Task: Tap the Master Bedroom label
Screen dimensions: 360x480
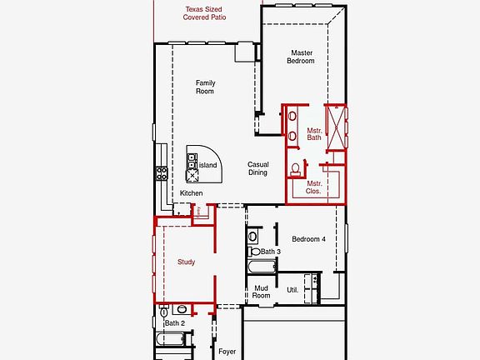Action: coord(302,57)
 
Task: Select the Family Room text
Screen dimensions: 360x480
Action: coord(205,87)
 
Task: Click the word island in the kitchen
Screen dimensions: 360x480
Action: coord(208,165)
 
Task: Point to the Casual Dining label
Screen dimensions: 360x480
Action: coord(257,168)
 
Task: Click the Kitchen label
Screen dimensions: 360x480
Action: coord(191,193)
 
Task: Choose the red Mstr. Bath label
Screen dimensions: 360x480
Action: coord(314,134)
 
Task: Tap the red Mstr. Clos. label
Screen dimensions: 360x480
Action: coord(314,187)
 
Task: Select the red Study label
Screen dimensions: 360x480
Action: coord(187,262)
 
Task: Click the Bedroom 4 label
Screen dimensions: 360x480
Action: coord(308,239)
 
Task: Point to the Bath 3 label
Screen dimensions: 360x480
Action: coord(270,251)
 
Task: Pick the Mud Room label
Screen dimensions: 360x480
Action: coord(262,292)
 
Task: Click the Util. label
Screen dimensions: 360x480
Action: coord(292,290)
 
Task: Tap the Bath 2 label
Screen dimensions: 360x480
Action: coord(173,322)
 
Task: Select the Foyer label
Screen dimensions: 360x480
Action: coord(227,352)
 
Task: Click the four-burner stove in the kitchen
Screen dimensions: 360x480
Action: coord(162,173)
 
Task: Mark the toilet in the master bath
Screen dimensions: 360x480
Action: coord(295,169)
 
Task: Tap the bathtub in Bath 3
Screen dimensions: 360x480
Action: coord(261,269)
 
